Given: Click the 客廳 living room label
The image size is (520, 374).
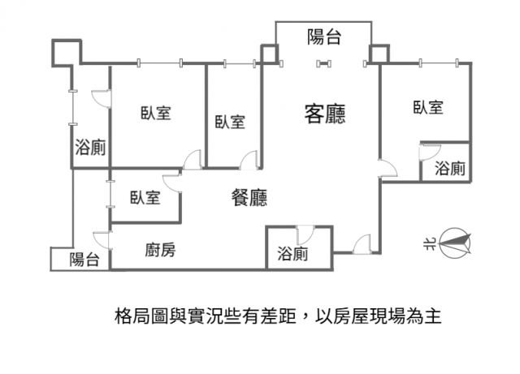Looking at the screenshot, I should pyautogui.click(x=324, y=114).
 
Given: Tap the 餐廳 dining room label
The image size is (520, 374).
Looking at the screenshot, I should pyautogui.click(x=249, y=197).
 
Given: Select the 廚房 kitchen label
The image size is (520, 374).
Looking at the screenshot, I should pyautogui.click(x=160, y=251).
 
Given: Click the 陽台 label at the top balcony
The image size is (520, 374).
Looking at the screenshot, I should pyautogui.click(x=324, y=37).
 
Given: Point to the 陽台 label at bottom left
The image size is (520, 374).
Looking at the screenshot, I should pyautogui.click(x=84, y=260).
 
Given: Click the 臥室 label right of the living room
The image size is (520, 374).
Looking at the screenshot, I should pyautogui.click(x=427, y=107).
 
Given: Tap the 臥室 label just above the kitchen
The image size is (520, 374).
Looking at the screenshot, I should pyautogui.click(x=144, y=197).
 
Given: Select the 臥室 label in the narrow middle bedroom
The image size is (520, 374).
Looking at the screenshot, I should pyautogui.click(x=230, y=122).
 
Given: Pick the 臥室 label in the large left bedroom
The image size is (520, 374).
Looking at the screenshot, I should pyautogui.click(x=154, y=114).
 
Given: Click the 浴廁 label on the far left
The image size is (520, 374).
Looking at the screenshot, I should pyautogui.click(x=89, y=148).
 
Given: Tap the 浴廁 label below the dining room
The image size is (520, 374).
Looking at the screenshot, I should pyautogui.click(x=292, y=254).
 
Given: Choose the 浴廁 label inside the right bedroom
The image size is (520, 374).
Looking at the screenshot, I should pyautogui.click(x=450, y=169).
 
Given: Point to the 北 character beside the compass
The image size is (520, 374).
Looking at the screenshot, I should pyautogui.click(x=430, y=241).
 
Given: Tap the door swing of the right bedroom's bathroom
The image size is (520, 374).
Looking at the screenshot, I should pyautogui.click(x=428, y=151).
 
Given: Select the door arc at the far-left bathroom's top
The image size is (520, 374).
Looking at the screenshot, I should pyautogui.click(x=100, y=98).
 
